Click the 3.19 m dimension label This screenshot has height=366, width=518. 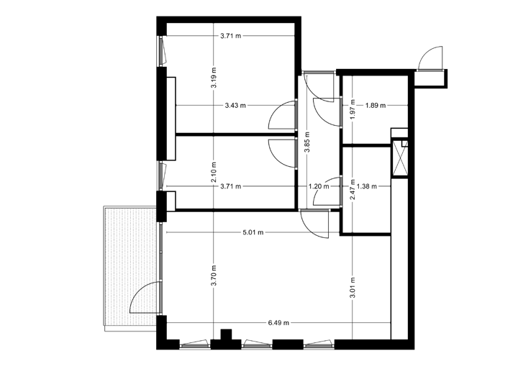(x=214, y=76)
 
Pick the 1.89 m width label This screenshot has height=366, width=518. (x=376, y=105)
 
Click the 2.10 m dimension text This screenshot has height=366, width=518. (x=214, y=173)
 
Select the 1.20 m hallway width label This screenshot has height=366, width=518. (x=318, y=186)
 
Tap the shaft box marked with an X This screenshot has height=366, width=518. (x=399, y=159)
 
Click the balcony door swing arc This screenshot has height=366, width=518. (x=144, y=297)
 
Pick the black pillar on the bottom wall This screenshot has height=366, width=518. (x=227, y=338)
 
